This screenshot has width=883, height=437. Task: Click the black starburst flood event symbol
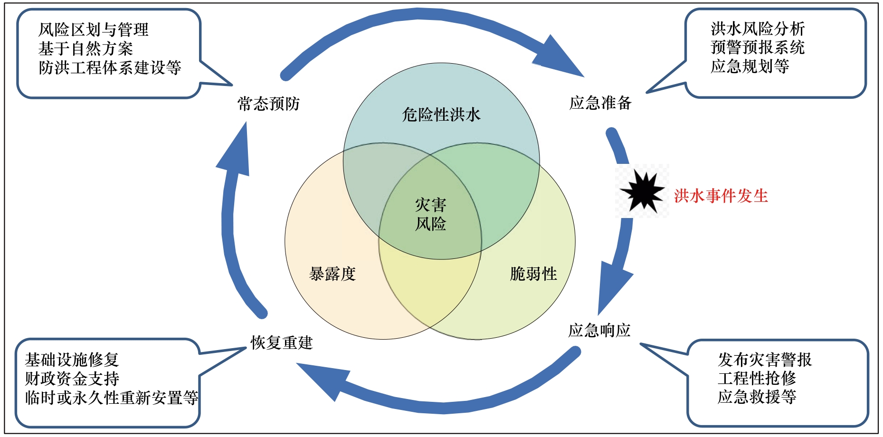[642, 192]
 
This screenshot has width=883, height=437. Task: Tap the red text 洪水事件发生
[721, 196]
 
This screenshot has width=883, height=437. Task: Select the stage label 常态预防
[268, 104]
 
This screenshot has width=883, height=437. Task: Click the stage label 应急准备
[600, 103]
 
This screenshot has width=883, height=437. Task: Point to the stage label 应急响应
[599, 330]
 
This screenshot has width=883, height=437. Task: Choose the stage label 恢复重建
[282, 342]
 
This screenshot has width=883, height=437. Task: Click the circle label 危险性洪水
[441, 114]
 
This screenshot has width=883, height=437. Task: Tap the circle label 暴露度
[332, 274]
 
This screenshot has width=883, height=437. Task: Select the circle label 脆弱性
[533, 274]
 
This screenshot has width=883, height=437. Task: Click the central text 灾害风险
[431, 214]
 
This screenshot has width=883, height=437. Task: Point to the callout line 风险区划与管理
[94, 30]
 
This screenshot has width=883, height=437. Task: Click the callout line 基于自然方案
[85, 48]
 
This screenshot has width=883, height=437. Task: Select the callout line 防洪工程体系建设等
[110, 67]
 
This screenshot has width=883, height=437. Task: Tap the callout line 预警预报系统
[758, 47]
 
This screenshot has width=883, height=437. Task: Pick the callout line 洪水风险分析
[758, 29]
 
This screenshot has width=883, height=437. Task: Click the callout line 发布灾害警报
[765, 360]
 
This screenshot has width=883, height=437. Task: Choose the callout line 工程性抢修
[757, 378]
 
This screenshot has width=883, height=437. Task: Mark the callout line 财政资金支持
[72, 379]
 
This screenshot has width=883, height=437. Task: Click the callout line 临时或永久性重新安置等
[112, 398]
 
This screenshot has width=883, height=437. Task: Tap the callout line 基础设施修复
[72, 360]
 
